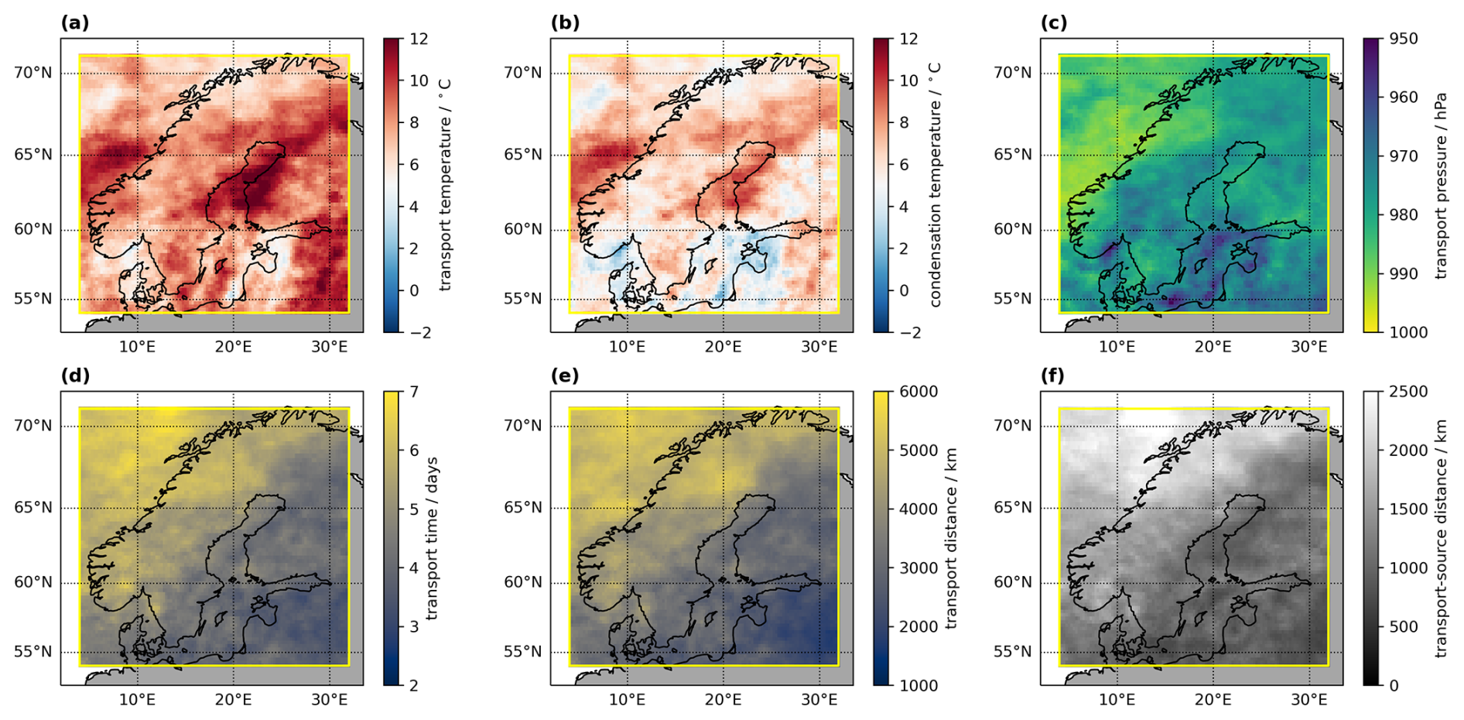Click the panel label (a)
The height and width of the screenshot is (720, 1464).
(x=75, y=23)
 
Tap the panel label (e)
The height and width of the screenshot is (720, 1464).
(x=565, y=376)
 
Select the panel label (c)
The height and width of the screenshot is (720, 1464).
(x=1054, y=23)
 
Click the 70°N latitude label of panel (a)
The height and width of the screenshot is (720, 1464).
(x=33, y=73)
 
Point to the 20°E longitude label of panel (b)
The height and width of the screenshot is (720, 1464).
(x=723, y=347)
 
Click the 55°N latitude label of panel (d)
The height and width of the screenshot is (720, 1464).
(x=33, y=652)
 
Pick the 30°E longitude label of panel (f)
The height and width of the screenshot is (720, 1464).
(x=1308, y=700)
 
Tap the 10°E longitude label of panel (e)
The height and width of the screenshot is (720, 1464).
(x=627, y=700)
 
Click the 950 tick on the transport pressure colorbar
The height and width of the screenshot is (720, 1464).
(x=1404, y=39)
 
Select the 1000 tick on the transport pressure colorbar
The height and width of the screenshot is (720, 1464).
(x=1408, y=332)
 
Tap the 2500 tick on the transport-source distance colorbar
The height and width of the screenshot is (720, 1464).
(x=1408, y=392)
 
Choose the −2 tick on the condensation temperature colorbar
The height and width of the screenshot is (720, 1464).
(x=909, y=332)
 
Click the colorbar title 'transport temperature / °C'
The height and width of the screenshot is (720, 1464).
(x=444, y=185)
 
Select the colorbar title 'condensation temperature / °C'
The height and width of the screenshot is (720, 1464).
(x=935, y=185)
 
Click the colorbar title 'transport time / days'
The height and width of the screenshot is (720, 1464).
(x=432, y=538)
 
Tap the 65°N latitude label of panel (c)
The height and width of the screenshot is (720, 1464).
(x=1013, y=155)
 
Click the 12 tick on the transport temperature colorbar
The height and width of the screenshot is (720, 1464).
(x=419, y=39)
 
